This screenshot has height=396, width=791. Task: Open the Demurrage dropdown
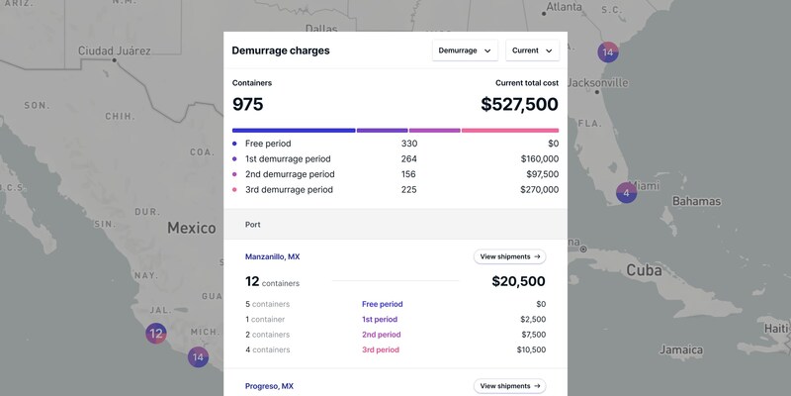click(x=465, y=50)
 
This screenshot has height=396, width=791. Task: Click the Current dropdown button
click(x=532, y=50)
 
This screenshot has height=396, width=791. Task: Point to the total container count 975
click(x=248, y=105)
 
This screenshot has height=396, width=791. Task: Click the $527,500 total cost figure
click(x=519, y=105)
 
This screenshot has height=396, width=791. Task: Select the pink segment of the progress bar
click(x=510, y=131)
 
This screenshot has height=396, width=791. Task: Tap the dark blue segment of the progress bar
click(x=294, y=131)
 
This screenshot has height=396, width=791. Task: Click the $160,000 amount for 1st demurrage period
click(x=539, y=159)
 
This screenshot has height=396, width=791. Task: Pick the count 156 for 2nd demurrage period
click(x=408, y=174)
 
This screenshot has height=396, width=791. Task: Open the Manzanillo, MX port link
click(x=273, y=256)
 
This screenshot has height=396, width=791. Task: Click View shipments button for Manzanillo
click(x=509, y=256)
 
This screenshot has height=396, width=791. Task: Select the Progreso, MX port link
click(x=269, y=386)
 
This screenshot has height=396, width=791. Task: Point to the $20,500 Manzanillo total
click(x=518, y=281)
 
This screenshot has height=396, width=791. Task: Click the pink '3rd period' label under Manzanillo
click(x=381, y=349)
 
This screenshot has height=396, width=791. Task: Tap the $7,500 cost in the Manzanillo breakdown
click(x=534, y=335)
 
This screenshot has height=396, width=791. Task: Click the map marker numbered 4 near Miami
click(x=626, y=193)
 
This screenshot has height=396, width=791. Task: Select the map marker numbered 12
click(x=156, y=334)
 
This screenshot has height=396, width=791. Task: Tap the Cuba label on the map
click(x=644, y=270)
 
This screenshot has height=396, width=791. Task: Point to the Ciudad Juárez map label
click(x=114, y=50)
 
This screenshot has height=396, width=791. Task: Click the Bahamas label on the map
click(x=697, y=201)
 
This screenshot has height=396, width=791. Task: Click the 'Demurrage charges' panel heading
click(x=281, y=50)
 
